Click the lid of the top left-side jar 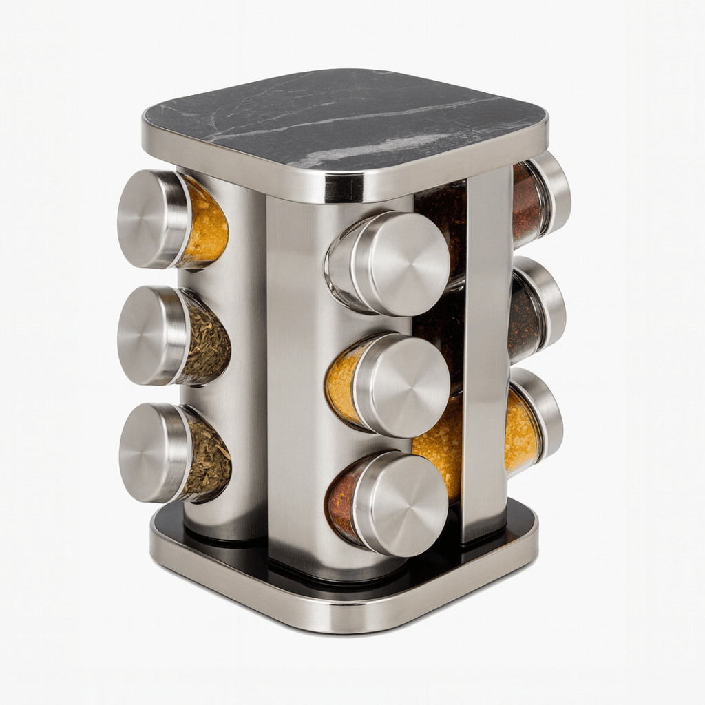(150, 219)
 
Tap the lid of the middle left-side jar (150, 335)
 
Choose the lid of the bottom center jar (401, 504)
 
